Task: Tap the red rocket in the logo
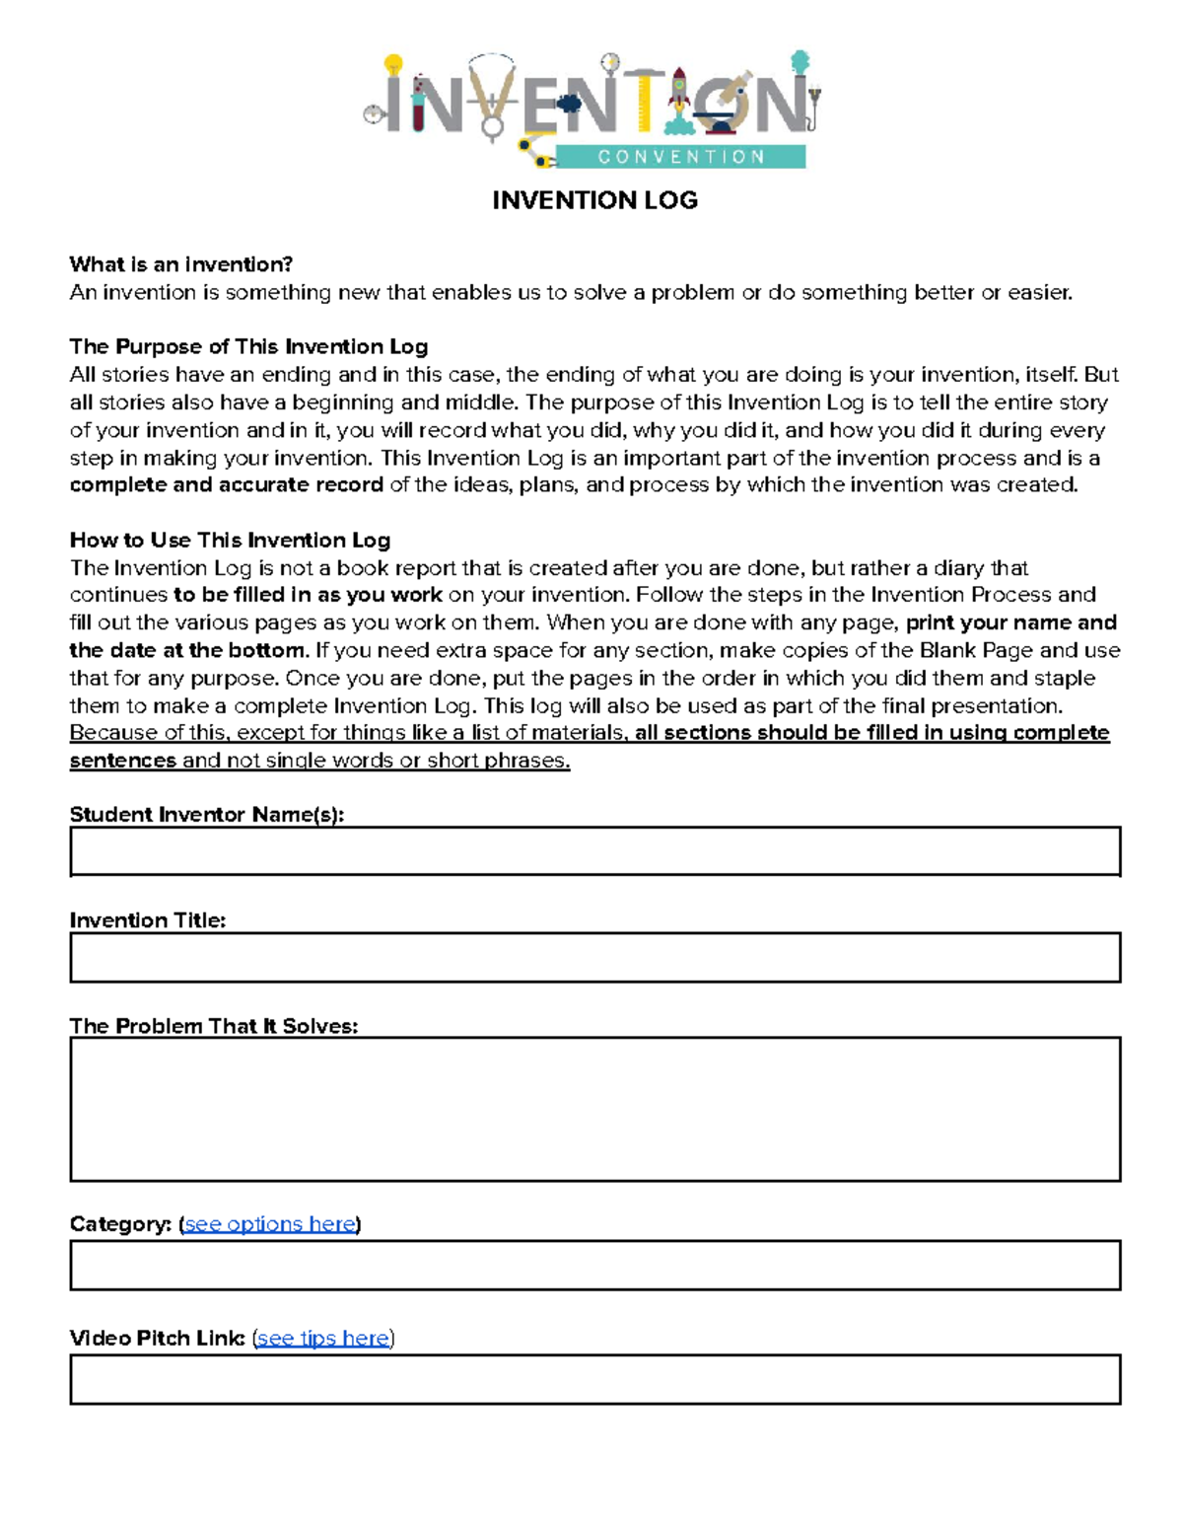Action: click(x=679, y=94)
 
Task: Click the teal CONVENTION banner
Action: click(x=680, y=157)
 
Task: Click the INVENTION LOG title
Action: click(x=594, y=200)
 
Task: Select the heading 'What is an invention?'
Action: click(x=181, y=264)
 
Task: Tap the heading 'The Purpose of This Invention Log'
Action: click(x=248, y=346)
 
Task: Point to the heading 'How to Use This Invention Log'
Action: click(x=230, y=540)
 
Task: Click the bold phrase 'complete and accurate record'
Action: click(x=226, y=484)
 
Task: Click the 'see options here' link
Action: click(x=270, y=1224)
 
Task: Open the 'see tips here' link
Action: click(x=323, y=1339)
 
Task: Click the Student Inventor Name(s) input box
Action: click(x=594, y=851)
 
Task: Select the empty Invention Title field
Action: click(x=594, y=957)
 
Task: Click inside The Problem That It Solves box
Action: click(x=594, y=1109)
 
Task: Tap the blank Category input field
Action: click(x=594, y=1265)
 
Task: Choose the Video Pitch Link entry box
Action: click(x=594, y=1379)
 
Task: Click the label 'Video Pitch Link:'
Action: click(x=158, y=1339)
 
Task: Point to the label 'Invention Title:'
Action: click(x=148, y=920)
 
